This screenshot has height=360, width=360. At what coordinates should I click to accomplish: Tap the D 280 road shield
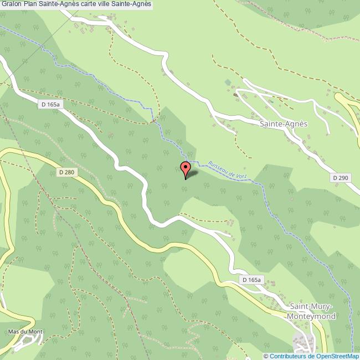coord(66,172)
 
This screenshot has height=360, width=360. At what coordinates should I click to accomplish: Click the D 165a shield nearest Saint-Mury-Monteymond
coord(251,280)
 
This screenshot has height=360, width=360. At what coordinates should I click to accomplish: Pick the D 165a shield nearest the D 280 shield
coord(50,104)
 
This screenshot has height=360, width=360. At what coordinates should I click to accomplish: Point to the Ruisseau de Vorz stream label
coord(227,170)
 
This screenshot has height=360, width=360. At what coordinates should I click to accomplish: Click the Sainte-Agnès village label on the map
coord(283,125)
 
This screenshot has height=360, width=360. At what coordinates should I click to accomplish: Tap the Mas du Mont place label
coord(25,332)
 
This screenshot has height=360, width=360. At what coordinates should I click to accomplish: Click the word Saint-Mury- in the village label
coord(312,307)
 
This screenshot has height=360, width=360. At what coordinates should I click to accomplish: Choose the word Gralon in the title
coord(12,4)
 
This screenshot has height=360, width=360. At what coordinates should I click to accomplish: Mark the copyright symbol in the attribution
coord(266,356)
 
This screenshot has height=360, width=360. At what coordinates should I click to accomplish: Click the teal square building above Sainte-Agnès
coord(228,82)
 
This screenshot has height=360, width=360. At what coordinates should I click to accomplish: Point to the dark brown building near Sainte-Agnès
coord(236,95)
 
